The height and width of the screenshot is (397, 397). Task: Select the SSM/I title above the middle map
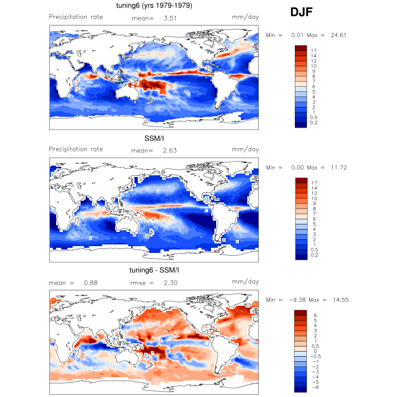153,138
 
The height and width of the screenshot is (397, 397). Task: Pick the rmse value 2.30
171,282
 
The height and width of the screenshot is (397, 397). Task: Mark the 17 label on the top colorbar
313,50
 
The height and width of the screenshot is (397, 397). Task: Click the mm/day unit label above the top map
246,17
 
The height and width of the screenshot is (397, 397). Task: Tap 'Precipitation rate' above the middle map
76,149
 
